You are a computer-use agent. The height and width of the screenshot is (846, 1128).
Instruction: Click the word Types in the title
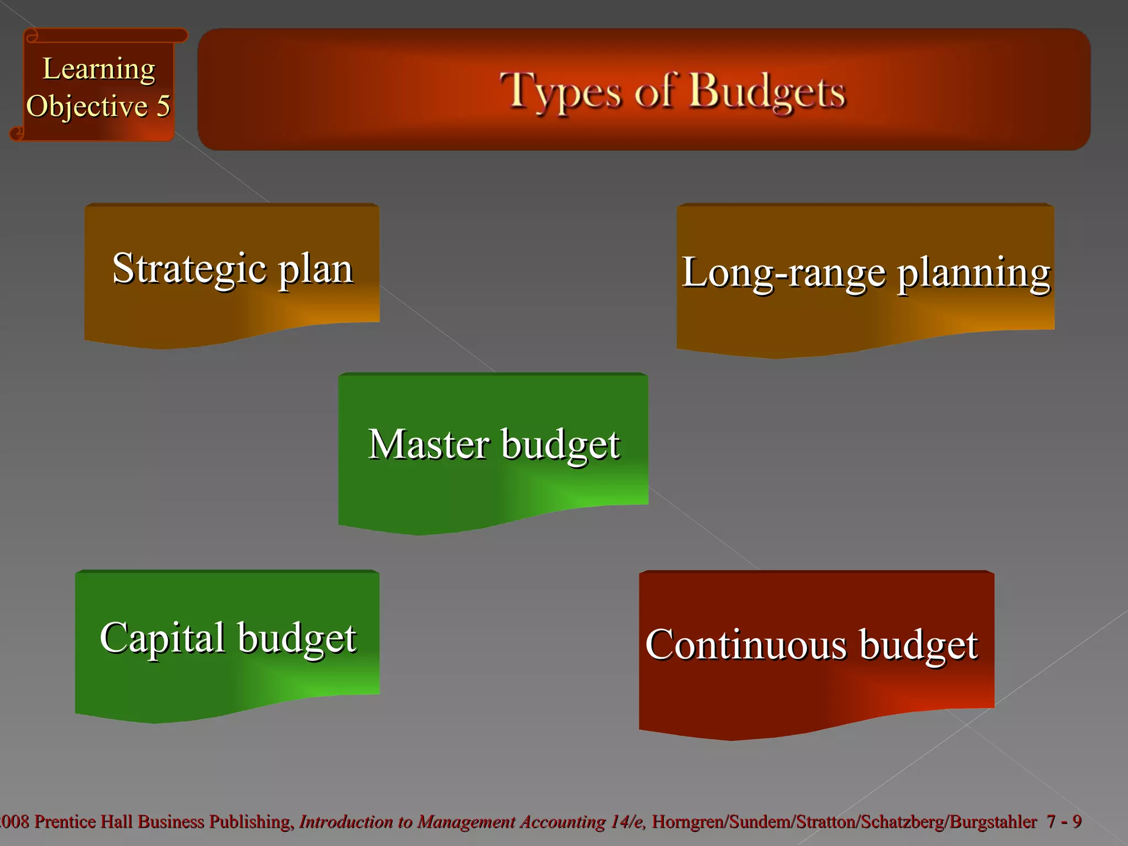[x=560, y=92]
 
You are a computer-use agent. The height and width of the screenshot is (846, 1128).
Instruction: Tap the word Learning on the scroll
[x=99, y=70]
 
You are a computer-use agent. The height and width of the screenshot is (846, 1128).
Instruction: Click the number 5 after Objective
[x=163, y=106]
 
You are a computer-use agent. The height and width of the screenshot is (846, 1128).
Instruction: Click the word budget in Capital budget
[x=297, y=639]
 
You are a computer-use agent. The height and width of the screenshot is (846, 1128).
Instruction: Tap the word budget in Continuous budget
[x=918, y=646]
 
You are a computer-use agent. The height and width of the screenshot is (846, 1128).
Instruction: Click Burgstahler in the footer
[x=993, y=822]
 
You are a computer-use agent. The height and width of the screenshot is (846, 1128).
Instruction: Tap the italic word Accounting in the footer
[x=562, y=822]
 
